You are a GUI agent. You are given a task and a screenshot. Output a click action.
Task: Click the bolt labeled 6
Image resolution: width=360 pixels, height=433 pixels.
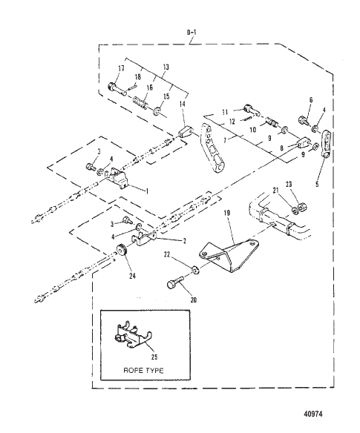[306, 118]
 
